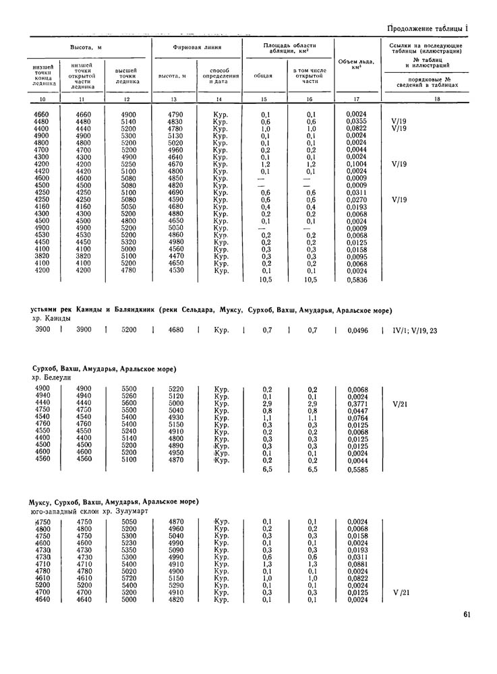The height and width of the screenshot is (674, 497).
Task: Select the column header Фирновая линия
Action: pyautogui.click(x=196, y=49)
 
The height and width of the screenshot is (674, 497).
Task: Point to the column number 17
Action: pyautogui.click(x=357, y=99)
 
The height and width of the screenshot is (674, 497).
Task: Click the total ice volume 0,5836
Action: pyautogui.click(x=357, y=280)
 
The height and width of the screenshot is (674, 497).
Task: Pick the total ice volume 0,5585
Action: pyautogui.click(x=357, y=469)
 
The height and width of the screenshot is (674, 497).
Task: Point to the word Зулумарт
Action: pyautogui.click(x=129, y=511)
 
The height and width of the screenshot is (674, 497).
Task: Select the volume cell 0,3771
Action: pyautogui.click(x=357, y=404)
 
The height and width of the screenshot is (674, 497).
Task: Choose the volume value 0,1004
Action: pyautogui.click(x=357, y=164)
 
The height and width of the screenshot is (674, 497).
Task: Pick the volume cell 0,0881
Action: pyautogui.click(x=357, y=563)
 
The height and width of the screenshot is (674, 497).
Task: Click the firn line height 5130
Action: pyautogui.click(x=176, y=135)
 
